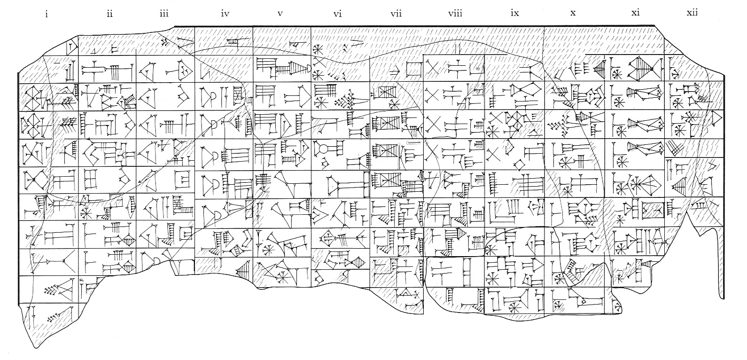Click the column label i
point(46,14)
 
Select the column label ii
point(109,14)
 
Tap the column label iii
point(163,14)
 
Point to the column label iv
point(225,14)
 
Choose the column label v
point(280,14)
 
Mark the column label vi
point(337,14)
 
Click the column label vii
point(396,14)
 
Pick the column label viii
point(455,14)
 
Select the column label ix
point(514,14)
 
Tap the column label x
point(573,14)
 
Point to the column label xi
point(635,14)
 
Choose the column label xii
point(692,14)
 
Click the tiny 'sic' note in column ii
point(81,280)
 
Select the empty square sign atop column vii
point(414,70)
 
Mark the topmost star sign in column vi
point(319,49)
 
